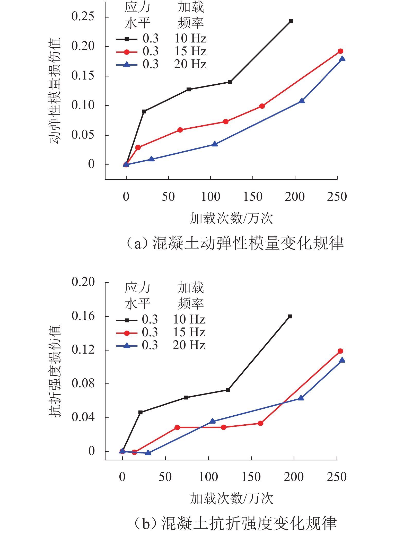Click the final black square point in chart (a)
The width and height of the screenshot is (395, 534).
(291, 21)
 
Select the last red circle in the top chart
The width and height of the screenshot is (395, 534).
(340, 51)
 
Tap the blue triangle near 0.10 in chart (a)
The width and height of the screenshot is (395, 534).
(302, 101)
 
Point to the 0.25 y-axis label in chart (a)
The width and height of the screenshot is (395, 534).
(83, 16)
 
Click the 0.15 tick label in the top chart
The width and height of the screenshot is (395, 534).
(83, 76)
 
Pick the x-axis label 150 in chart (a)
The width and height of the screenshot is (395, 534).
(253, 197)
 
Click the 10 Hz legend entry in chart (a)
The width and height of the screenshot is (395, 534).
(190, 39)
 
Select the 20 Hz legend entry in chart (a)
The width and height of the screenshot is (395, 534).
(190, 64)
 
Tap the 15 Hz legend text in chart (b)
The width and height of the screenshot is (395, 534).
(189, 332)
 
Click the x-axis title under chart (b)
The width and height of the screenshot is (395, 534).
(231, 498)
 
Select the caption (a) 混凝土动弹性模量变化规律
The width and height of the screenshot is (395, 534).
(235, 243)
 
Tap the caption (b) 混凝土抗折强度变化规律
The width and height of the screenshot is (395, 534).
(235, 523)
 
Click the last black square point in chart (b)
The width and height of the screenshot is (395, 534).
(290, 317)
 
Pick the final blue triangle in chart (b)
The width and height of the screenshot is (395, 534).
(342, 360)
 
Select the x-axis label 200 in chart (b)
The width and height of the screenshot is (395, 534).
(294, 477)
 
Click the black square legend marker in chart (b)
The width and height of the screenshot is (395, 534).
(127, 320)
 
